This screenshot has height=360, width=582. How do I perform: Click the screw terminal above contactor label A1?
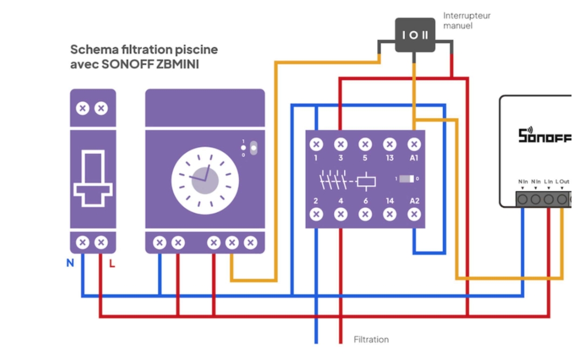click(x=414, y=144)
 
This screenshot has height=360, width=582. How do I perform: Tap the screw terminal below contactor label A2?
click(x=414, y=214)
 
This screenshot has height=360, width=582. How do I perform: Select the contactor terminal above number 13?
click(x=389, y=144)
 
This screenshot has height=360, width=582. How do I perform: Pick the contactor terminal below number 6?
click(x=365, y=214)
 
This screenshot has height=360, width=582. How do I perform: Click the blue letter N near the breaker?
click(x=70, y=263)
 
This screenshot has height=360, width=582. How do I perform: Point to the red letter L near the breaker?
click(x=112, y=263)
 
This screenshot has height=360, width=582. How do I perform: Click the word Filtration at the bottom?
click(x=371, y=339)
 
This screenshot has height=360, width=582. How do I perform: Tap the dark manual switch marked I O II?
click(x=415, y=35)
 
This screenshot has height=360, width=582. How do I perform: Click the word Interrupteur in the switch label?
click(x=467, y=16)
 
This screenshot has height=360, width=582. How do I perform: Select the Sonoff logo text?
click(x=545, y=135)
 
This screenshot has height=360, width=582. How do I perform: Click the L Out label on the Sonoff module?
click(x=563, y=182)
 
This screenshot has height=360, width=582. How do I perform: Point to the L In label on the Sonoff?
click(x=548, y=182)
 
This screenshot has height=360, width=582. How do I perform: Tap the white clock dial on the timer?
click(x=205, y=181)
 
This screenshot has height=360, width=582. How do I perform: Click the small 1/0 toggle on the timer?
click(x=254, y=148)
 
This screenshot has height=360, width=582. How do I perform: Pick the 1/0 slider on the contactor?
click(x=407, y=179)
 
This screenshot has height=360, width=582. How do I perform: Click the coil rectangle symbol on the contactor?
click(x=366, y=181)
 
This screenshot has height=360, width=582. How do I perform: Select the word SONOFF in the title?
click(x=127, y=64)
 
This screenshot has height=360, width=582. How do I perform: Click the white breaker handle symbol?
click(x=93, y=178)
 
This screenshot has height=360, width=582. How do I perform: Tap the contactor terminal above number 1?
click(x=316, y=144)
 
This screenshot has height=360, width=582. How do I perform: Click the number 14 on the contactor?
click(x=389, y=201)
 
